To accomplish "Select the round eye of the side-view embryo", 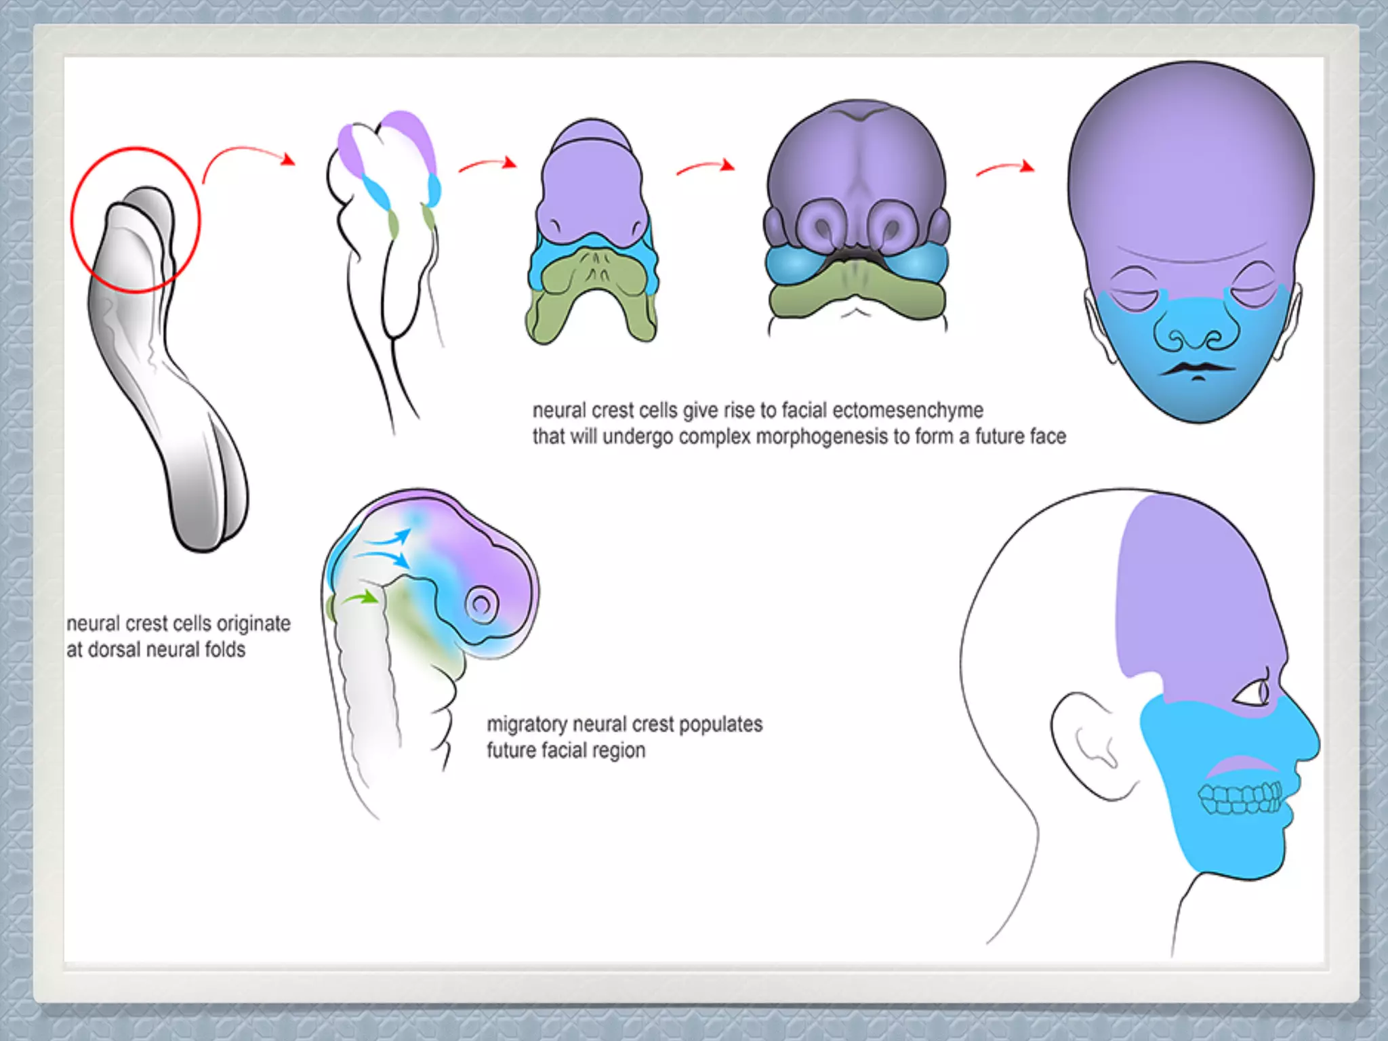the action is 481,604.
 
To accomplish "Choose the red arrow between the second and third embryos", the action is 487,165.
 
